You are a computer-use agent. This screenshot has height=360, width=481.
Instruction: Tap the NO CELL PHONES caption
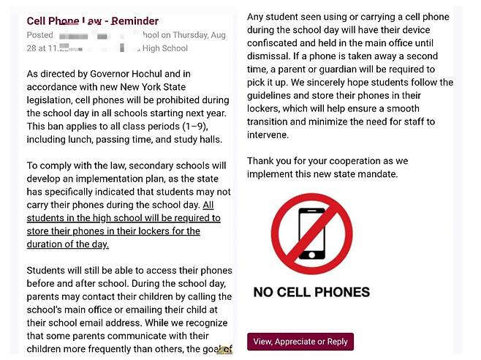(x=311, y=292)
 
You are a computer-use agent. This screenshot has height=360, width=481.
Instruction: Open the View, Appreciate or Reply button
(x=300, y=342)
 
